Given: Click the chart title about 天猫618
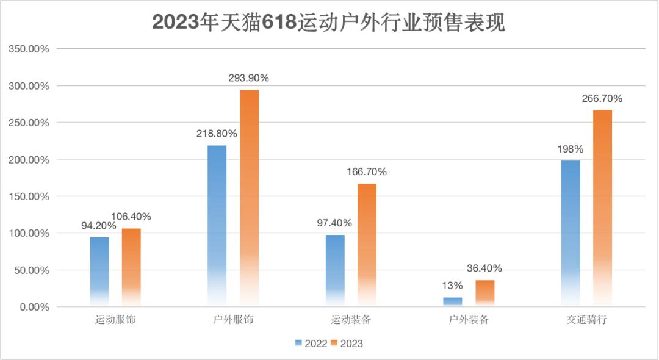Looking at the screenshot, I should coord(329,23).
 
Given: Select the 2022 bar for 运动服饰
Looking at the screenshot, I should coord(99,271).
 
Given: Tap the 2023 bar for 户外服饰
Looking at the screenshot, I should coord(249,198).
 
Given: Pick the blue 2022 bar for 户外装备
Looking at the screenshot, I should coord(452,301).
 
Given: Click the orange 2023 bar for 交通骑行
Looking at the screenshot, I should coord(602,207).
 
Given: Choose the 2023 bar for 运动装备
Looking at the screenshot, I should coord(367,244).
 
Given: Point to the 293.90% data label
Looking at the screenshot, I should coord(248,78).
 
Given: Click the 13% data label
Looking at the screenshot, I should coord(452,286).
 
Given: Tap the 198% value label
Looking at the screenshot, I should coord(570,149).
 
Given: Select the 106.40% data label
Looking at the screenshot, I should coord(131,216).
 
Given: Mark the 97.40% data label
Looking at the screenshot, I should coord(335,223).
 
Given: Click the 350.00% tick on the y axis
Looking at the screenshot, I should coord(28,49).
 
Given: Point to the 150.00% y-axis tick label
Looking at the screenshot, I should coord(28,196).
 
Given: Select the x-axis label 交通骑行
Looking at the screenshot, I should coord(586,320).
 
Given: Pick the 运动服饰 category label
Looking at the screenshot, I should coord(115,320).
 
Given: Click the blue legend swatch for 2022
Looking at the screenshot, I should coord(298,343).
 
